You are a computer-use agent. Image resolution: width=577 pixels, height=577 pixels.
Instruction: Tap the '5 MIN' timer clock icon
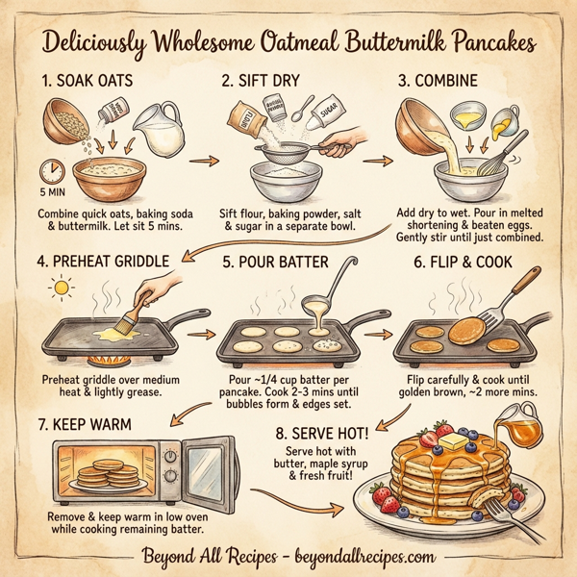click(51, 172)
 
